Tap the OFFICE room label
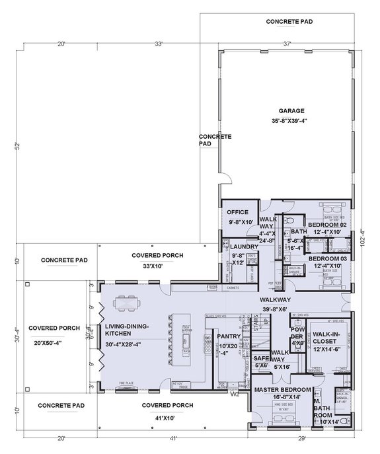(x=237, y=212)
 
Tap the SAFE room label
(x=260, y=358)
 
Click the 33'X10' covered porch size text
(x=157, y=266)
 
